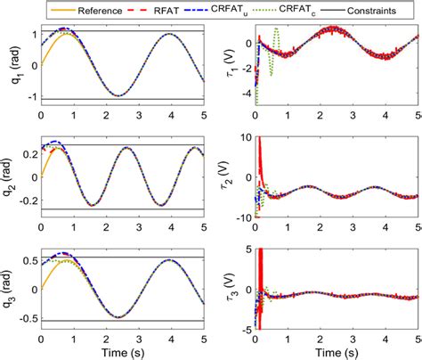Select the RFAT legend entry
tap(154, 11)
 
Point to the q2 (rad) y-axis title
tap(8, 176)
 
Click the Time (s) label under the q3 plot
tap(121, 350)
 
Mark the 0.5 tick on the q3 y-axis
tap(28, 260)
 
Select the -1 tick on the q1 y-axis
tap(30, 99)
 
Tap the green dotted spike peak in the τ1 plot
tap(276, 29)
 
